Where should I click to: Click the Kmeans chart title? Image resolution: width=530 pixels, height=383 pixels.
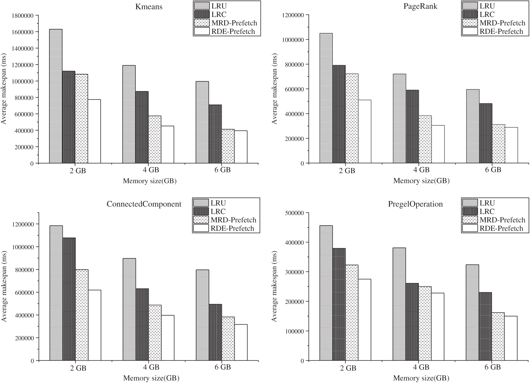(149, 7)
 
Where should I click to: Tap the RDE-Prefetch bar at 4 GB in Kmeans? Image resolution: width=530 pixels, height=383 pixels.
(167, 144)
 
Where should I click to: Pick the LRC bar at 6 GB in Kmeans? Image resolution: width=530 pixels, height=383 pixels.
(215, 134)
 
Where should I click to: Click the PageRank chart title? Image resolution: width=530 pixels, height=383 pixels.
(420, 6)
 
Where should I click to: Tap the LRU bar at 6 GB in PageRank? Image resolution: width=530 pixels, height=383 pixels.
(473, 126)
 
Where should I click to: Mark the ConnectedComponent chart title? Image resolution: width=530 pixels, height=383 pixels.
(144, 204)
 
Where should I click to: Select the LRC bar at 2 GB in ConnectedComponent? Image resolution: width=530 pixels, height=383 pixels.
(69, 299)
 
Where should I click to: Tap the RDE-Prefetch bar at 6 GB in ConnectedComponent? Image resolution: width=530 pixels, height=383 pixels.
(241, 342)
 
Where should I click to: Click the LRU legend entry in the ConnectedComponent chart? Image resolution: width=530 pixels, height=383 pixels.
(218, 203)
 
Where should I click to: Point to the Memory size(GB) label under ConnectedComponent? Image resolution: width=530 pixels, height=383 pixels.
(151, 378)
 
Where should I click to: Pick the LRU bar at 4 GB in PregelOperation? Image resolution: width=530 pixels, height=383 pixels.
(399, 304)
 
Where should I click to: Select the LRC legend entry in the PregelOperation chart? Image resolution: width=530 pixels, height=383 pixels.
(487, 211)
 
